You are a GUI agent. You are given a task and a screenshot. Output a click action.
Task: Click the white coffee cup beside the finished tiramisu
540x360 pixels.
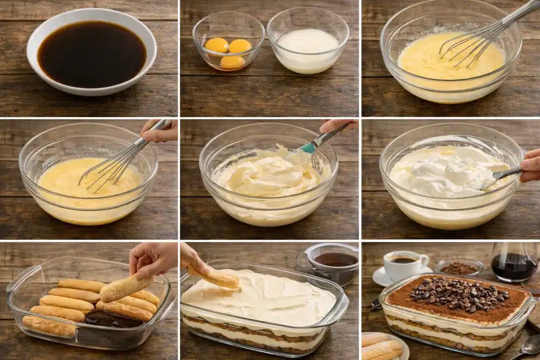pos(403,264)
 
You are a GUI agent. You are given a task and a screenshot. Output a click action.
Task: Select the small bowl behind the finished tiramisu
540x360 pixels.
pos(459,268)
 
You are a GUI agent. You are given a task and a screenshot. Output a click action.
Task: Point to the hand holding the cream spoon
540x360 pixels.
pos(531,166)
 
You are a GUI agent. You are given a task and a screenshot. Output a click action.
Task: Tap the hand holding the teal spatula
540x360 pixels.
pos(337,125)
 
